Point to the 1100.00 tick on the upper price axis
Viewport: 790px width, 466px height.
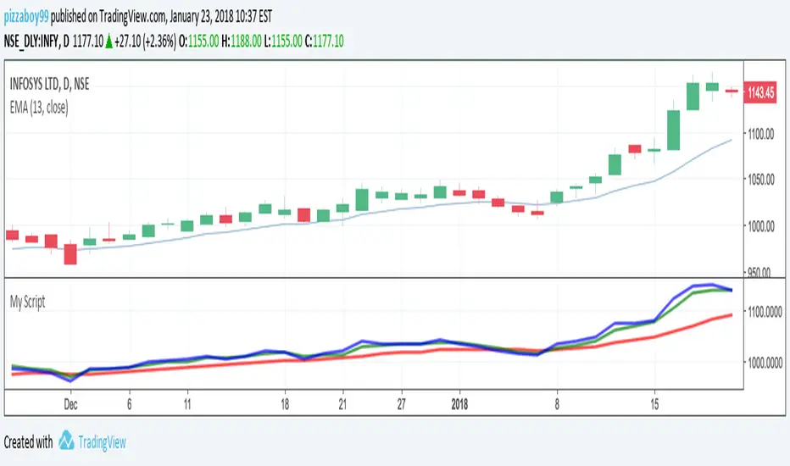[760, 133]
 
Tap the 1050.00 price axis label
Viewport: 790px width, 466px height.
[760, 180]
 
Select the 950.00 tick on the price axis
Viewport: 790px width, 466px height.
[759, 273]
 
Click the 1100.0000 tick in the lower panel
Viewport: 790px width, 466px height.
[765, 312]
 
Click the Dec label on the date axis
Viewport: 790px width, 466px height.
[72, 404]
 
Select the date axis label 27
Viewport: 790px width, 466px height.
[403, 404]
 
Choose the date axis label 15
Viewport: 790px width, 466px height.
[654, 404]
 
